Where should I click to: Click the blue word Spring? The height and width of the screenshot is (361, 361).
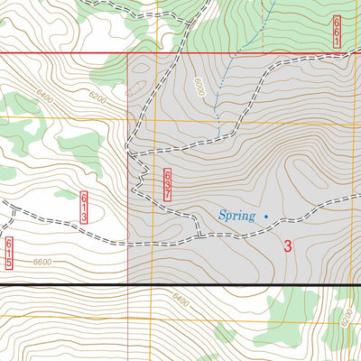237,216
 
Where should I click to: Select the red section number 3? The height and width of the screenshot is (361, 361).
288,245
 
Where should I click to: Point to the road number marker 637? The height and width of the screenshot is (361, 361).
168,183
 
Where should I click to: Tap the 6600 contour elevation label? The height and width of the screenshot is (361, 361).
42,263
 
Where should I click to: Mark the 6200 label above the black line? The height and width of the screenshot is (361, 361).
97,97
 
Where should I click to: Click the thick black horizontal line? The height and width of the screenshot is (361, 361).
180,285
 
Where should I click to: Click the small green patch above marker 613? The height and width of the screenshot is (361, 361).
64,193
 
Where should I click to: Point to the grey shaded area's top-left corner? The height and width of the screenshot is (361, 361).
128,54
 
